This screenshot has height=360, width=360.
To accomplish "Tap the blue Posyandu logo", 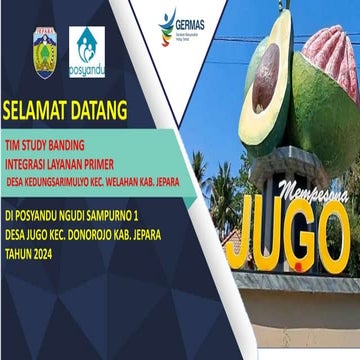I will click(86, 49).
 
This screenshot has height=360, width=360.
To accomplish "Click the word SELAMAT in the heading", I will click(37, 108).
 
